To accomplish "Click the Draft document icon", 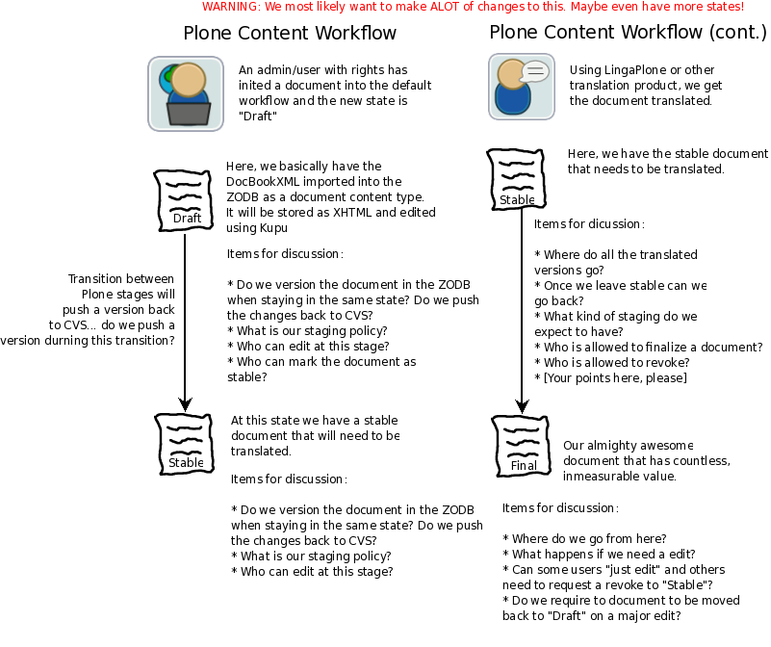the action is point(184,200).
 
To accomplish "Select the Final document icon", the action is point(521,447).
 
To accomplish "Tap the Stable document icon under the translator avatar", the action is point(516,180).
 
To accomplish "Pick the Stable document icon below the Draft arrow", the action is point(185,444).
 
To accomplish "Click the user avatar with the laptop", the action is point(186,93).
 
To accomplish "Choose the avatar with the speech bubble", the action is point(522,87).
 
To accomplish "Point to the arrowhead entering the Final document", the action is point(522,406).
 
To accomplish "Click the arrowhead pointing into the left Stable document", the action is point(185,404).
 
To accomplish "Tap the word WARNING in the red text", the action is point(231,7).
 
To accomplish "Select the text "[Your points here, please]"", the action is point(615,377).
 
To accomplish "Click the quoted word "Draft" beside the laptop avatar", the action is point(258,116).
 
